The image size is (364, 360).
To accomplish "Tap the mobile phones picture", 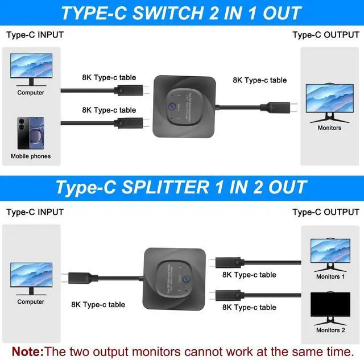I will tap(30, 133).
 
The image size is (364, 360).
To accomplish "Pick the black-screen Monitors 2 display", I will tap(330, 307).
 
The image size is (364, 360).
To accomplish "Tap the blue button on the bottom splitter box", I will tap(186, 280).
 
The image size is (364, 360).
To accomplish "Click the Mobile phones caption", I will tap(31, 156).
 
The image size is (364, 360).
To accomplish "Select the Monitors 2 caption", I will tap(330, 330).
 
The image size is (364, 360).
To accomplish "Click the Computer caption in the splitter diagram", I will tap(31, 302).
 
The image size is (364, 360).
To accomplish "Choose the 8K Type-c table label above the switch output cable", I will tap(259, 80).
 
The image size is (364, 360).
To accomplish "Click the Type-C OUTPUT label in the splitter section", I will tap(325, 212).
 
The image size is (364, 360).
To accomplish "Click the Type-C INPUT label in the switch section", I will tap(35, 35).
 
